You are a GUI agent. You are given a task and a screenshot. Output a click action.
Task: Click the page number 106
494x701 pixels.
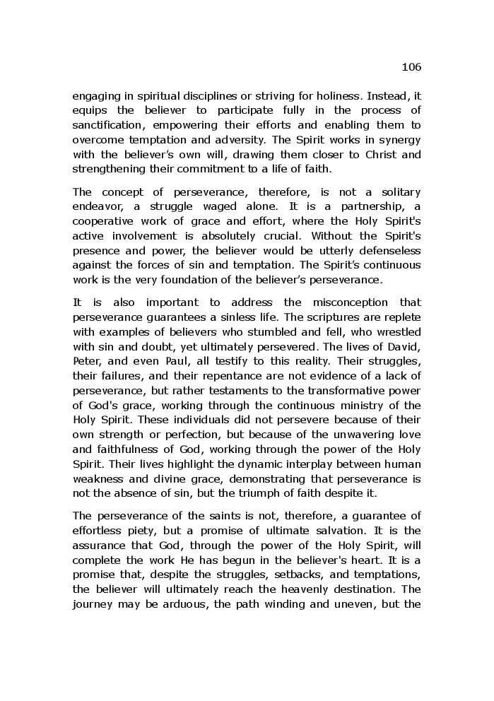coord(411,67)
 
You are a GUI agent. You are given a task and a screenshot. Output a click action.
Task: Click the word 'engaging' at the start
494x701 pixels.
coord(95,96)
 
